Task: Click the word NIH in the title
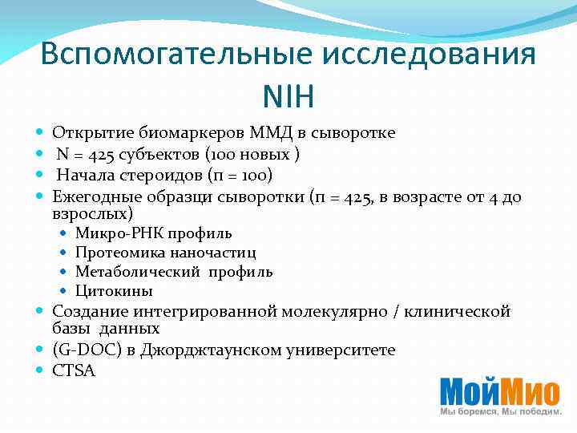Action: pyautogui.click(x=288, y=98)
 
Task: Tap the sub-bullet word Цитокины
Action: pyautogui.click(x=114, y=291)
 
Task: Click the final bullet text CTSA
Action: pyautogui.click(x=73, y=370)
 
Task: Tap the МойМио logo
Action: pyautogui.click(x=499, y=395)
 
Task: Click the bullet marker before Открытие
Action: pyautogui.click(x=40, y=133)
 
